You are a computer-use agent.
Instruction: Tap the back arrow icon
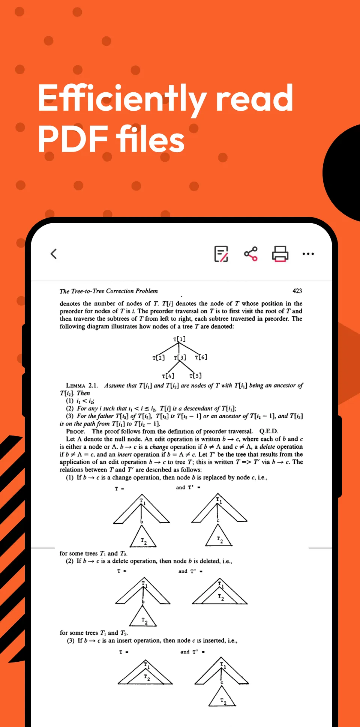pos(54,254)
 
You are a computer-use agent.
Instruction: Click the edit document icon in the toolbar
pos(221,254)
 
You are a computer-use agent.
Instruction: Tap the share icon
pos(251,254)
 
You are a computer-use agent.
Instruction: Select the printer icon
pos(280,254)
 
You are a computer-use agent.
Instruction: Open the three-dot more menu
pos(308,254)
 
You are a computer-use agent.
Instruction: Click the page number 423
pos(297,291)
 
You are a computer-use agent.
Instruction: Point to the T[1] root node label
pos(179,339)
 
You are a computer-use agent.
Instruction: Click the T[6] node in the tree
pos(201,357)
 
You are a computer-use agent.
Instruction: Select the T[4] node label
pos(168,376)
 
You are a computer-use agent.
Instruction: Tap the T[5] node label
pos(195,376)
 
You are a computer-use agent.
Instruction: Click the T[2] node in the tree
pos(158,357)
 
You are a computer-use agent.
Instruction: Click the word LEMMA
pos(76,386)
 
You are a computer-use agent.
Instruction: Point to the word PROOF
pos(76,432)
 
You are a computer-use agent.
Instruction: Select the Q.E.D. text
pos(268,431)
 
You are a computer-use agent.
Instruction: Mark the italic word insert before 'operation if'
pos(124,455)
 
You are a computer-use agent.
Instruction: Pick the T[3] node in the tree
pos(180,357)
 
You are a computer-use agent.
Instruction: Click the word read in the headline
pos(255,99)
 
